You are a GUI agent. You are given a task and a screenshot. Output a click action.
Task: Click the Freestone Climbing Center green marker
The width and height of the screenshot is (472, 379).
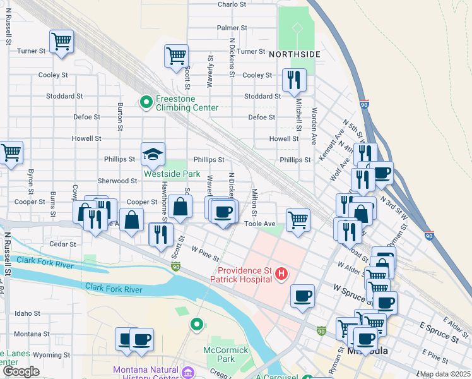click(x=146, y=101)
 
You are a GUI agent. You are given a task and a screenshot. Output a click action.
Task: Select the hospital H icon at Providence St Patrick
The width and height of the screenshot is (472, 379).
click(x=281, y=274)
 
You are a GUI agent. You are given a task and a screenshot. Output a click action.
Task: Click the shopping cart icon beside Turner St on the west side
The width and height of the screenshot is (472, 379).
click(x=61, y=42)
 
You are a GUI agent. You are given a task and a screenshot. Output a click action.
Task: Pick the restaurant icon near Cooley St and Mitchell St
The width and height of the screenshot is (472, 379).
click(x=294, y=80)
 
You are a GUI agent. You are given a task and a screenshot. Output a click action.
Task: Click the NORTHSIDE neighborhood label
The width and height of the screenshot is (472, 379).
click(x=295, y=54)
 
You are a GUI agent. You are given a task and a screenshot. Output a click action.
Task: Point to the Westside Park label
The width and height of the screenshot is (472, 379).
click(x=172, y=174)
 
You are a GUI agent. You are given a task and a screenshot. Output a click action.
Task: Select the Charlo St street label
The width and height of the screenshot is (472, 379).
click(x=232, y=4)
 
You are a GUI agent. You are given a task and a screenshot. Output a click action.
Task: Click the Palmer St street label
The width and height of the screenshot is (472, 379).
click(x=231, y=28)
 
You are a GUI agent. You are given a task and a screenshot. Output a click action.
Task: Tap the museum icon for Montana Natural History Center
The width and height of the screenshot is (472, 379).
click(x=187, y=371)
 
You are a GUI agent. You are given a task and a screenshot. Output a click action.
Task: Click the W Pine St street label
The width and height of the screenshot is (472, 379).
click(x=206, y=255)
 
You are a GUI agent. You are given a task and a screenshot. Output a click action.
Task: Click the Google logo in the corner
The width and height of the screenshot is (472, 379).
click(x=21, y=371)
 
